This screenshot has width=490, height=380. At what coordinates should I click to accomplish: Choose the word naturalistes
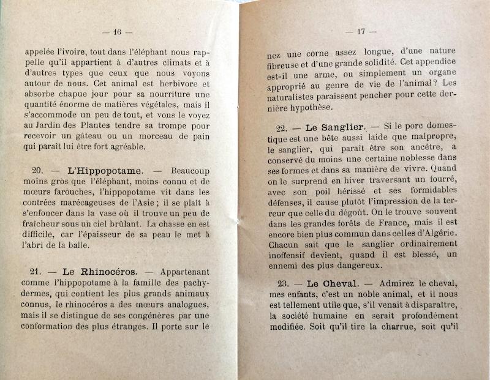[296, 95]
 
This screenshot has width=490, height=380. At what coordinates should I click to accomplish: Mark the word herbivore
[177, 83]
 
